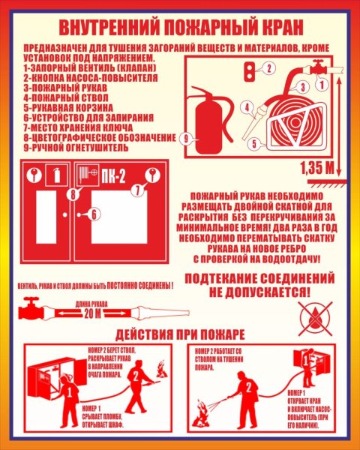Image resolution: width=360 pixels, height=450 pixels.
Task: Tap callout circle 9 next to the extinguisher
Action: tap(187, 137)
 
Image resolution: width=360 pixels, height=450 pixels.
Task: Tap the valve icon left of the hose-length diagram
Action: tap(31, 308)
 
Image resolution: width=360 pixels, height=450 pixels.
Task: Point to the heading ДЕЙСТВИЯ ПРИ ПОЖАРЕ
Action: tap(180, 334)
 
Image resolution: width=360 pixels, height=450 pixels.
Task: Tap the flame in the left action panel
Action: tap(159, 368)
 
